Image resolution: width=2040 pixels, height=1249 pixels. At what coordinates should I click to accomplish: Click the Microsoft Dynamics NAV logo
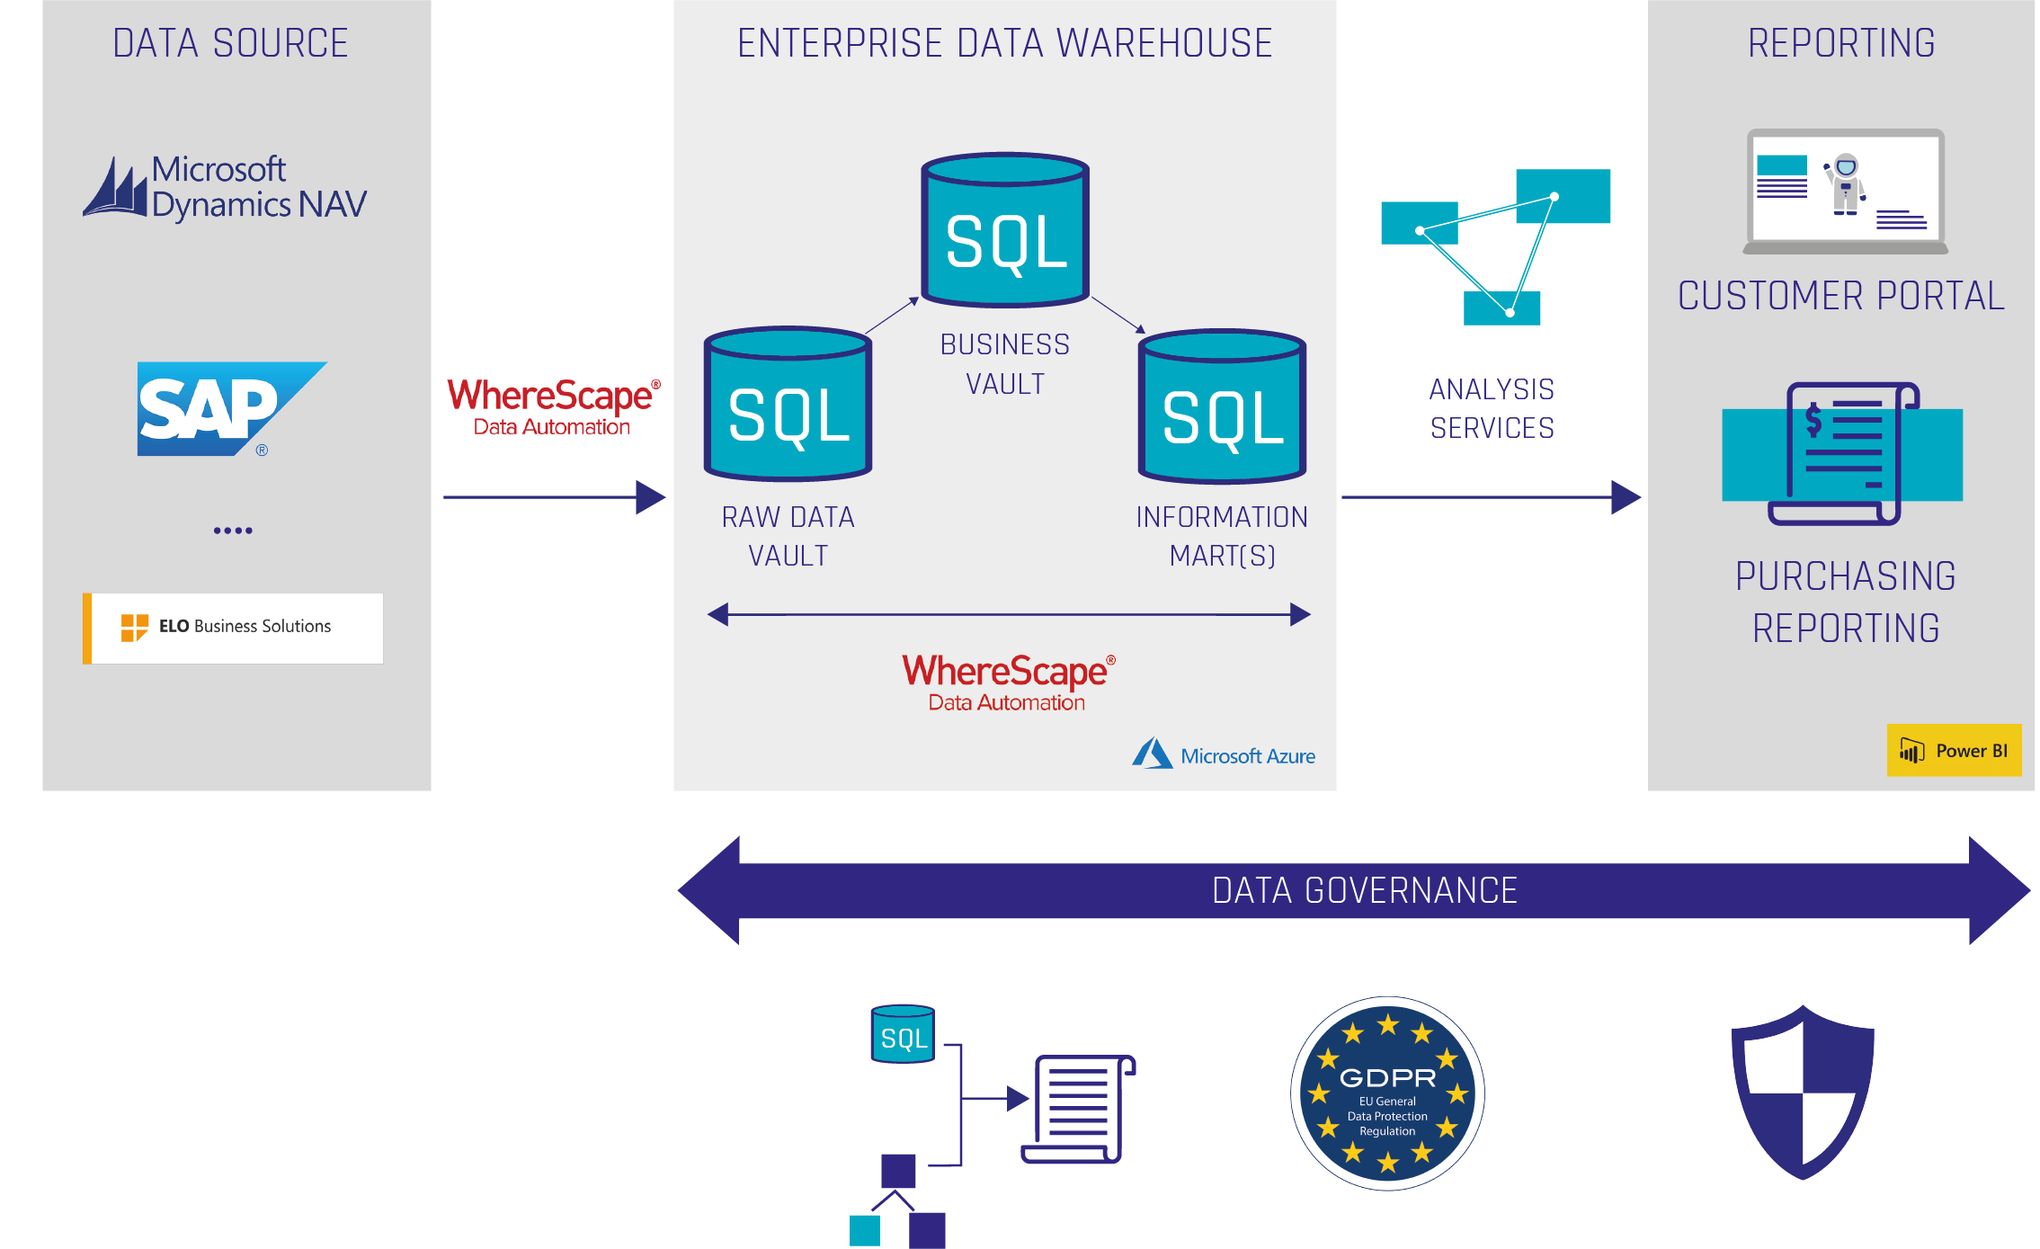(225, 187)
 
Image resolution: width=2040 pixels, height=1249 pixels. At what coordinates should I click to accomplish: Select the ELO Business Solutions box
(233, 628)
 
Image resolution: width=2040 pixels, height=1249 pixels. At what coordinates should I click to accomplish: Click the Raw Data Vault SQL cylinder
(788, 405)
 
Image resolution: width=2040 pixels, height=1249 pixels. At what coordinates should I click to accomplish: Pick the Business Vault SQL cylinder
(1005, 231)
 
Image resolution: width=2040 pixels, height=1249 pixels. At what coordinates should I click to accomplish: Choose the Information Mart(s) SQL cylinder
(1222, 407)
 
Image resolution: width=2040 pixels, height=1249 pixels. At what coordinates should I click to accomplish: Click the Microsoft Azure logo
(1224, 754)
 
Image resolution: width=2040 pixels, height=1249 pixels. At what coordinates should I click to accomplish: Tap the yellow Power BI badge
(1954, 750)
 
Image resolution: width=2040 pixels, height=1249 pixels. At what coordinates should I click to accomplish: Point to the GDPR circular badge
(1387, 1093)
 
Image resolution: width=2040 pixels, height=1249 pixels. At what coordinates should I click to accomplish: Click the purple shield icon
(1803, 1092)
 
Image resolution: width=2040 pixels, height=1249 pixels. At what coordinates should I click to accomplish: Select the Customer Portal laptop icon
(1845, 192)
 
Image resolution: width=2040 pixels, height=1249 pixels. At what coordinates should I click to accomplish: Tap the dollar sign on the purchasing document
(1813, 419)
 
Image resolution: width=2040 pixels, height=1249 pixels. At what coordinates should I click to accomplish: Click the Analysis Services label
(1492, 408)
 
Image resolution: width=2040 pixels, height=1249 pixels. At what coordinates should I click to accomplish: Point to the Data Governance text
(1364, 890)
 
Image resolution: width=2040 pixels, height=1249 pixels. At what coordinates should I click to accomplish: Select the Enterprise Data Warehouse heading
(1004, 43)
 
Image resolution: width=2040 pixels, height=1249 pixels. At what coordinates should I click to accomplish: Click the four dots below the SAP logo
(233, 531)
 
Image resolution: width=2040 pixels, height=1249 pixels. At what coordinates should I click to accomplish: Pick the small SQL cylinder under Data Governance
(903, 1034)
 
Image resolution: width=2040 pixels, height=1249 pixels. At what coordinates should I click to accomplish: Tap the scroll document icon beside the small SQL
(1077, 1109)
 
